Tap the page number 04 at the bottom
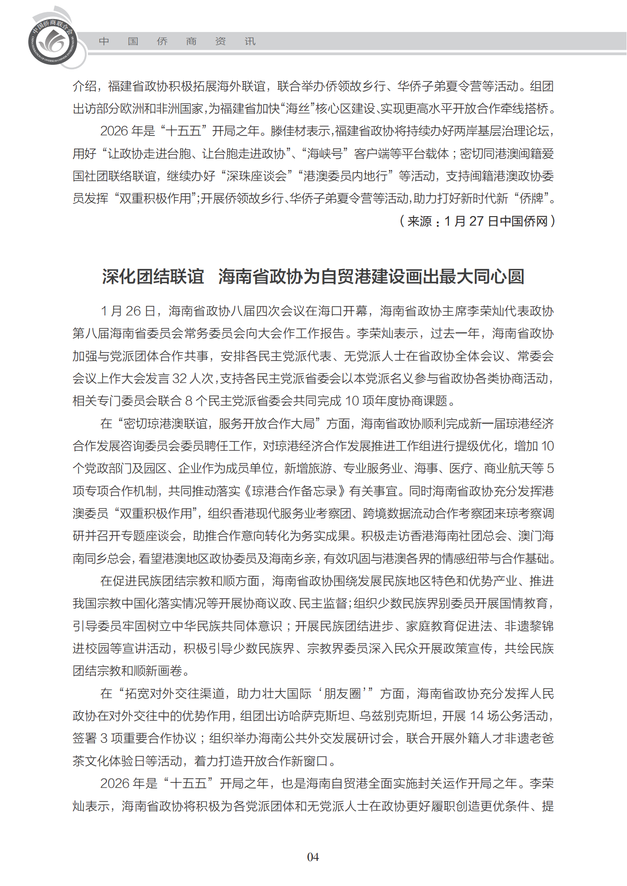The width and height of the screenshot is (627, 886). tap(313, 857)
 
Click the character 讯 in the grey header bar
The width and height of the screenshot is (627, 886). tap(250, 41)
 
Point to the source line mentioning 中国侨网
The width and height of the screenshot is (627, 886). tap(477, 221)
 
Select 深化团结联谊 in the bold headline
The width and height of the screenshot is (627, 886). tap(153, 276)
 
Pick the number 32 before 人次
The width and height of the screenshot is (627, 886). tap(180, 378)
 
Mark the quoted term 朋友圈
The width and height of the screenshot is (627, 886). tap(342, 694)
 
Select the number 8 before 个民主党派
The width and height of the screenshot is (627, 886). tap(188, 401)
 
